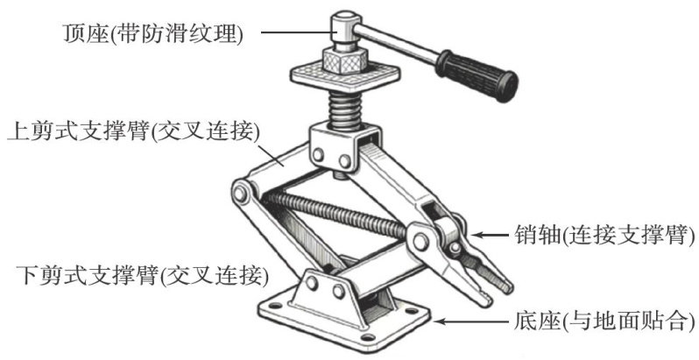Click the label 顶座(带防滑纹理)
(152, 34)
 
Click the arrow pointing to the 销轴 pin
(491, 236)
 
